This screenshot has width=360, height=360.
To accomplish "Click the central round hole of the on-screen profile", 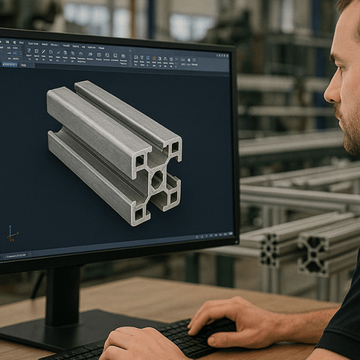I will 156,179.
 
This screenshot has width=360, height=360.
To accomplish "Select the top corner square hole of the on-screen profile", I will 175,147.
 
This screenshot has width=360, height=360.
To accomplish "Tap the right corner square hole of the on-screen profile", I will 173,196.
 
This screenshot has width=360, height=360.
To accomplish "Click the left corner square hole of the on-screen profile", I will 140,161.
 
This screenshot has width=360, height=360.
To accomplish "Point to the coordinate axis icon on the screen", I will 11,233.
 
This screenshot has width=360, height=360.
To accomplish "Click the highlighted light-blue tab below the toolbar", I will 9,64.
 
